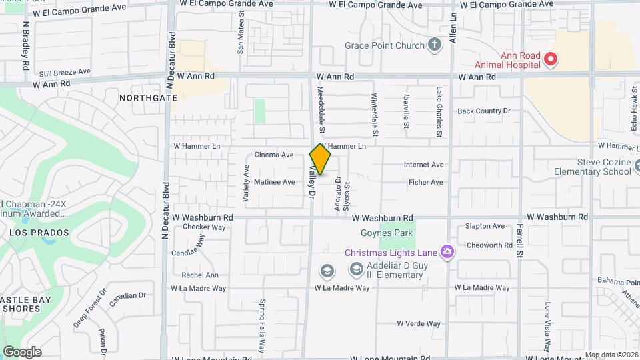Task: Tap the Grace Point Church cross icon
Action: point(435,45)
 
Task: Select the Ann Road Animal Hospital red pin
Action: point(550,59)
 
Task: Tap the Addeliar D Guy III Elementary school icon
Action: point(356,270)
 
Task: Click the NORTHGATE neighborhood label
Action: point(149,97)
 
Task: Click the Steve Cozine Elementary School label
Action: point(593,167)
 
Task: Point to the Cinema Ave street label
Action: point(274,155)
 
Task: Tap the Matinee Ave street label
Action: point(275,182)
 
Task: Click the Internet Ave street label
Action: point(423,165)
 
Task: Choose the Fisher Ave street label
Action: point(426,182)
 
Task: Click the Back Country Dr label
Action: point(483,111)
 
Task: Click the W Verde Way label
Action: point(419,324)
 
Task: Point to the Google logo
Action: point(22,352)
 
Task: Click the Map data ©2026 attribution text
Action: point(611,355)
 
